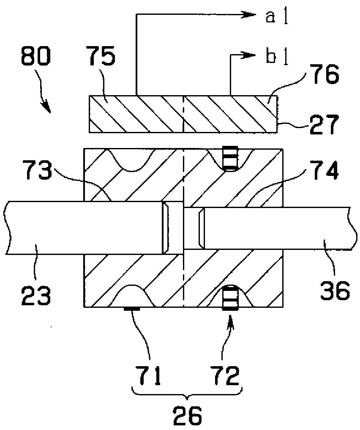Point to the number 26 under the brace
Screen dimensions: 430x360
(188, 416)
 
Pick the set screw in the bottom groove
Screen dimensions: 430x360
(231, 298)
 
